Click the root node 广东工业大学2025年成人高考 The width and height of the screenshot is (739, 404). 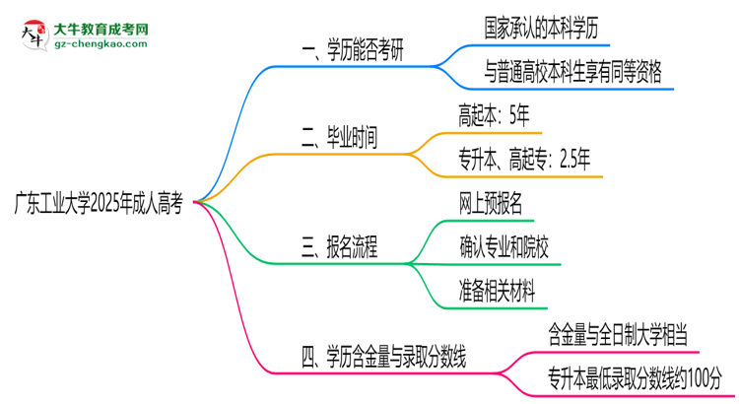pyautogui.click(x=99, y=203)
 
